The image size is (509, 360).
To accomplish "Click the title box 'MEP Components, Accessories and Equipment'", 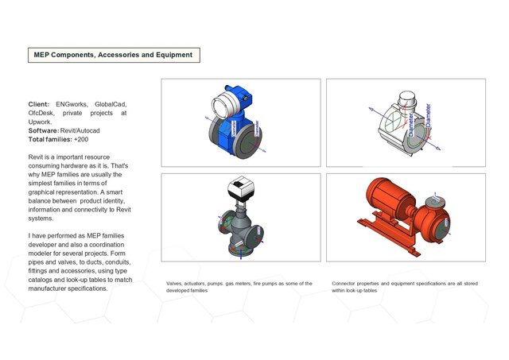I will click(x=112, y=55).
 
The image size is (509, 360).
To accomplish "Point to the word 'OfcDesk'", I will click(x=43, y=113).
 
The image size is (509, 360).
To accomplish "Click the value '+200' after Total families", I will click(x=83, y=139).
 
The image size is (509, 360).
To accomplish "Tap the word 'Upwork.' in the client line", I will click(x=40, y=122).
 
